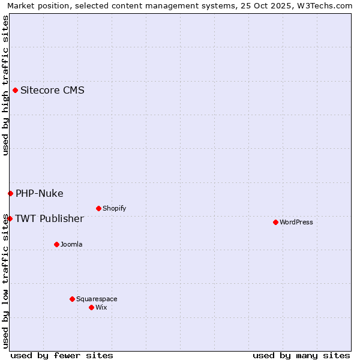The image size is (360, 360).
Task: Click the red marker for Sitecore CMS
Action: point(15,91)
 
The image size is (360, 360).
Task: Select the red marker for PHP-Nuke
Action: point(10,193)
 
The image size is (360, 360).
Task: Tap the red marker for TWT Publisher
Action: point(10,218)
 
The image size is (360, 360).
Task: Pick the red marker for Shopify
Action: point(98,208)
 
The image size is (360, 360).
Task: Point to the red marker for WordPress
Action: point(275,222)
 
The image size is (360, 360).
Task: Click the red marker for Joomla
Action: point(56,244)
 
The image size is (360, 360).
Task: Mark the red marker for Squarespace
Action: point(72,299)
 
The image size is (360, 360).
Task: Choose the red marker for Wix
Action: point(91,307)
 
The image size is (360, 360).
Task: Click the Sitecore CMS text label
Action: point(52,91)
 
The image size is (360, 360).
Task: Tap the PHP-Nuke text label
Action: point(40,193)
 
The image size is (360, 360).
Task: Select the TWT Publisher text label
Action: point(49,218)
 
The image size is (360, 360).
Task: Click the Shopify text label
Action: point(114,208)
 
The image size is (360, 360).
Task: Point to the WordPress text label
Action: point(296,222)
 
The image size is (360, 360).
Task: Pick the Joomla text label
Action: point(71,244)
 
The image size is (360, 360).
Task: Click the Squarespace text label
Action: point(97,299)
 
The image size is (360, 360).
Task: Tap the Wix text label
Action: point(101,307)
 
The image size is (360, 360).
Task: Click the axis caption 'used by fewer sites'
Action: point(62,355)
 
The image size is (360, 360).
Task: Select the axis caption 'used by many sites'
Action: point(301,355)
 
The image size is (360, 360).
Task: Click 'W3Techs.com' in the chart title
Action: point(327,5)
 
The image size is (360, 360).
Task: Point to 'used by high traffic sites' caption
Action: point(5,85)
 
